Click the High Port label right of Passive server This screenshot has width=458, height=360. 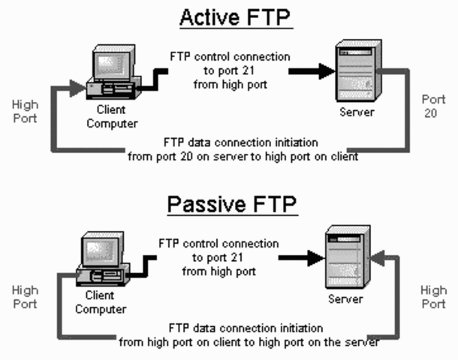(433, 297)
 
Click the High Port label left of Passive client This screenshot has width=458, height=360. (26, 296)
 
